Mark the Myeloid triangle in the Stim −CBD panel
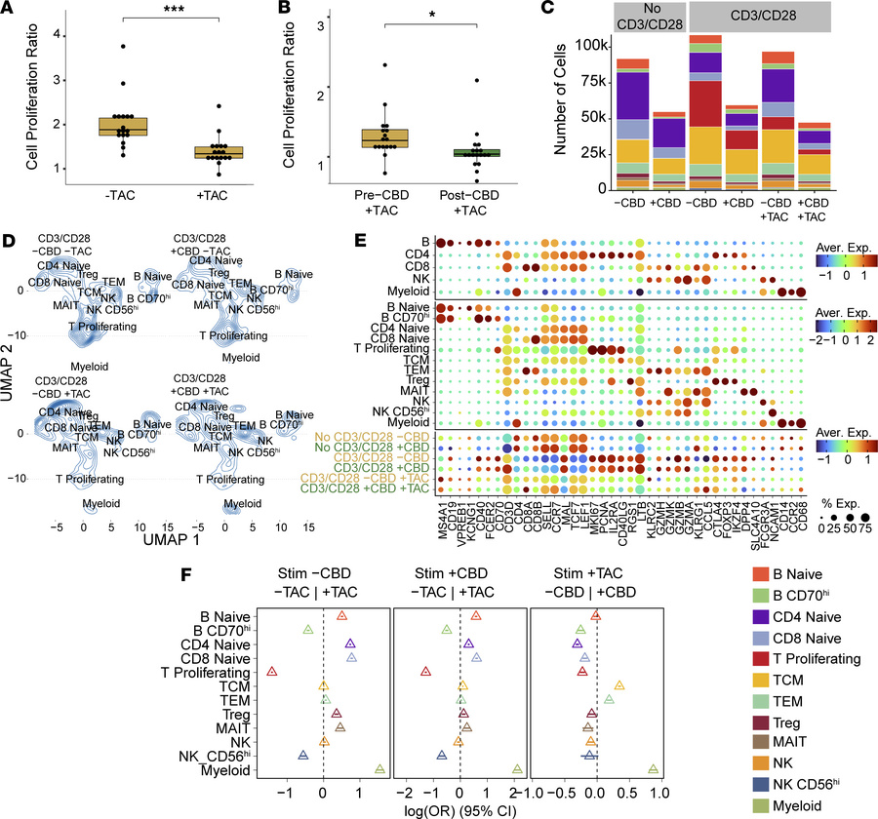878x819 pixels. (x=380, y=770)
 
